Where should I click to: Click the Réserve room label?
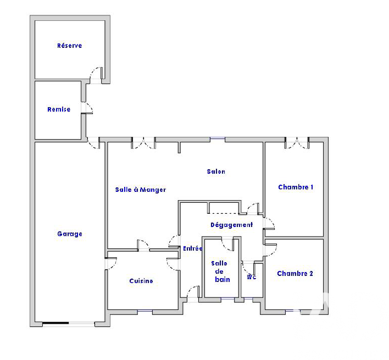69,46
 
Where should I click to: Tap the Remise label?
59,109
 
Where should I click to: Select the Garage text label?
70,234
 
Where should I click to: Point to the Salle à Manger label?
141,190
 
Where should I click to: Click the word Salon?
216,171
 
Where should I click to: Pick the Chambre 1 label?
296,187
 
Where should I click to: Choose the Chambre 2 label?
295,273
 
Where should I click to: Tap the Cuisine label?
141,281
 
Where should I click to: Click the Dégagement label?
232,225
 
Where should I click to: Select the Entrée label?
193,248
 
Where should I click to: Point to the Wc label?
252,277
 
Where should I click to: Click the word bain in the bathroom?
223,280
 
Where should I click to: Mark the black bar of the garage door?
55,323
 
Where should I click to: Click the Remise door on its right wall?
87,108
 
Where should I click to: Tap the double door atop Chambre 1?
297,143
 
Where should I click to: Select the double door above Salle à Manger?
143,143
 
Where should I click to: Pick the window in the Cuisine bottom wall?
145,311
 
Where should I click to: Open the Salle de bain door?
228,244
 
